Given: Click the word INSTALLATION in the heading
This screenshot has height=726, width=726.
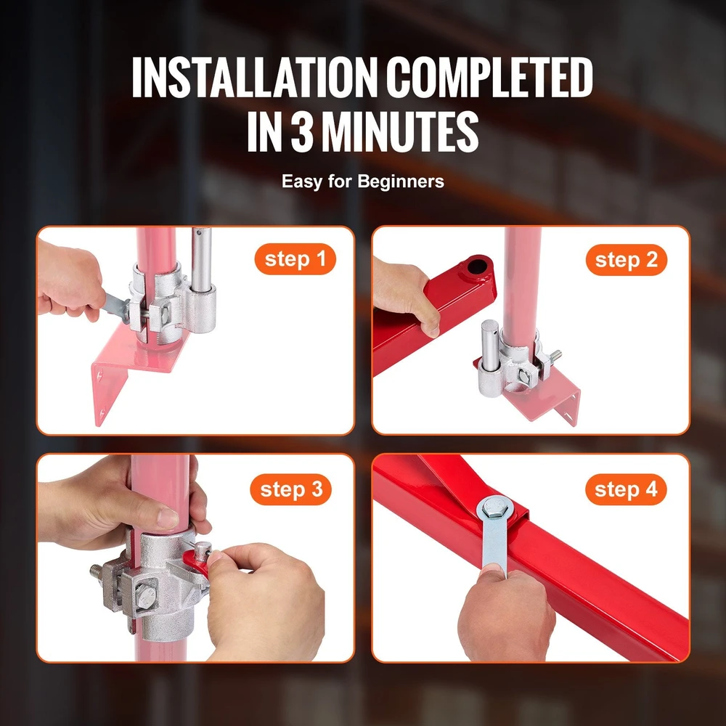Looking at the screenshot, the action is point(255,78).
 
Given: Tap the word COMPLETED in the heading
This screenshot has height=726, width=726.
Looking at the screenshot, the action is point(489,78).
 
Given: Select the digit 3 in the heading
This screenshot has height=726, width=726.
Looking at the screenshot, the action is point(302,131).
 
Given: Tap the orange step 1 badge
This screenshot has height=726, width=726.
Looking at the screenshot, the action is point(295,259).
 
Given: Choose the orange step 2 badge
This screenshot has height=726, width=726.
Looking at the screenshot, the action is point(626,260).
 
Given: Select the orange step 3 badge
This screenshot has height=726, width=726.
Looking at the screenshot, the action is point(291,489).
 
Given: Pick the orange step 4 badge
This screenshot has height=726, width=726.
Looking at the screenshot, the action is point(626,489).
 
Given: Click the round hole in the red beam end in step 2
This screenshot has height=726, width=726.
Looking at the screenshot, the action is point(477,266).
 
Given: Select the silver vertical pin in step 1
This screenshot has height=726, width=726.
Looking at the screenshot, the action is point(201,259).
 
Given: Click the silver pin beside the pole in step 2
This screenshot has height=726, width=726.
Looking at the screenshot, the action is point(490,346).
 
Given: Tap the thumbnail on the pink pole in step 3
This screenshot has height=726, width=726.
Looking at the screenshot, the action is point(168,518).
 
